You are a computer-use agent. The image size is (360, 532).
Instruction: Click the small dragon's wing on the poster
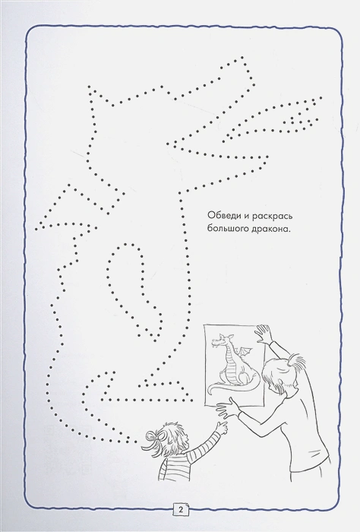pyautogui.click(x=245, y=351)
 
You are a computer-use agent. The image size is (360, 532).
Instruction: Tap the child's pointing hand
pyautogui.click(x=223, y=427)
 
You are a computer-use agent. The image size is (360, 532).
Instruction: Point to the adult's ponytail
pyautogui.click(x=298, y=362)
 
